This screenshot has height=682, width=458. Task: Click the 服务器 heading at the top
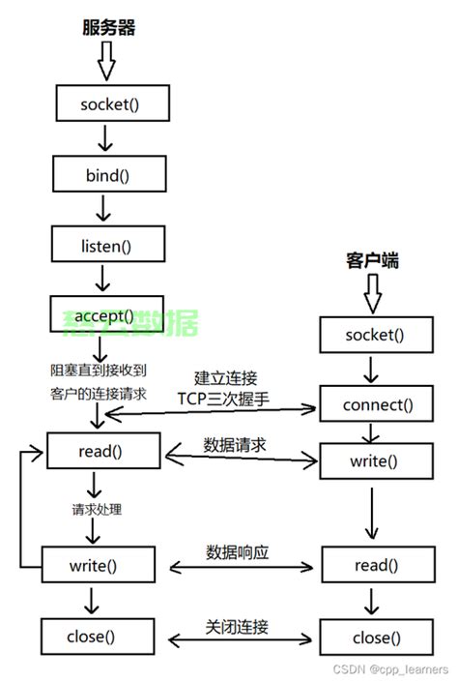pyautogui.click(x=108, y=27)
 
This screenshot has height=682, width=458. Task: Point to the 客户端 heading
pyautogui.click(x=372, y=260)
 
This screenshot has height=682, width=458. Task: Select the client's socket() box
pyautogui.click(x=374, y=335)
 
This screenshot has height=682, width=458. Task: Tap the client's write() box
pyautogui.click(x=374, y=461)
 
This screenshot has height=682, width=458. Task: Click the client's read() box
pyautogui.click(x=374, y=565)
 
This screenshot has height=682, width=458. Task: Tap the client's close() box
pyautogui.click(x=374, y=638)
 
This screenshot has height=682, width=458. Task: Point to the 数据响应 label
pyautogui.click(x=236, y=551)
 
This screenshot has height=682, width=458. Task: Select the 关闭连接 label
pyautogui.click(x=236, y=627)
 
